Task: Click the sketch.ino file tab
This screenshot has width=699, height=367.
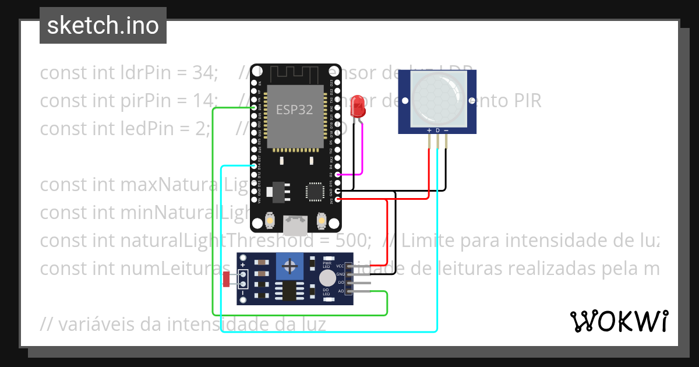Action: point(103,26)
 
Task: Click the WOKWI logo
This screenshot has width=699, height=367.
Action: point(619,321)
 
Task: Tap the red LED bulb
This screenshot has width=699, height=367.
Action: point(358,107)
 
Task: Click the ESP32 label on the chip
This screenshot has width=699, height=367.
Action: point(295,110)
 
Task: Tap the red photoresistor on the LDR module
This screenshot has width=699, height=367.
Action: point(227,280)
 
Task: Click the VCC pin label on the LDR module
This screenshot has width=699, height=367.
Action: point(340,266)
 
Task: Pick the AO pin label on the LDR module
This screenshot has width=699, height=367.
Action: point(341,290)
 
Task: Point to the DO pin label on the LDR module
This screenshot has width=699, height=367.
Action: point(341,282)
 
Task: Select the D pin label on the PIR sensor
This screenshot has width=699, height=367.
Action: point(437,130)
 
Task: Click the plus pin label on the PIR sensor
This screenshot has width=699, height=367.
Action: point(429,130)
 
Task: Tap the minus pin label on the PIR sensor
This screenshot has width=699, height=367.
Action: point(446,130)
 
